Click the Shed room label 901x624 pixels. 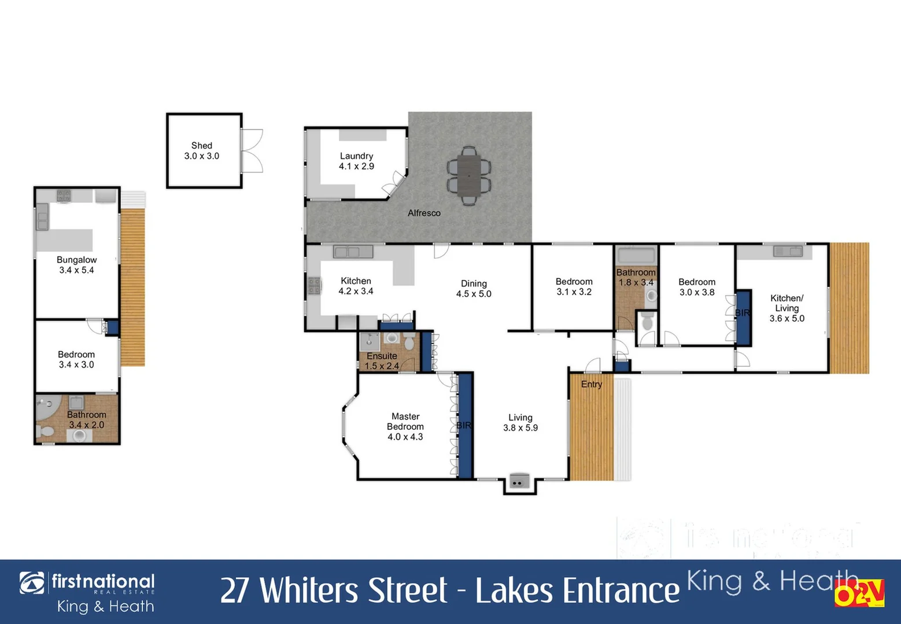(202, 151)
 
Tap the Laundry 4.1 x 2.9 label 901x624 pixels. (356, 161)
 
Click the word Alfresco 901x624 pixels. (424, 213)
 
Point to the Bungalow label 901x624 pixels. (76, 265)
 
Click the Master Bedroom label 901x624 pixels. (405, 426)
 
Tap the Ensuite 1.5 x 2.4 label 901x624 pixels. (382, 361)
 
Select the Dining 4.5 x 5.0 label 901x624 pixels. (474, 289)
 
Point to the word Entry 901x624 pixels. (592, 384)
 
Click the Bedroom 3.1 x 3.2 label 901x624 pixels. (574, 287)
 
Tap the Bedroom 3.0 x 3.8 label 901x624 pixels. (696, 287)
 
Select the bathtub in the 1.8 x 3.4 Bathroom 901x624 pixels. (636, 255)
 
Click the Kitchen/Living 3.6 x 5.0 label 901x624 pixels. (786, 308)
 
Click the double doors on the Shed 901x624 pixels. (252, 151)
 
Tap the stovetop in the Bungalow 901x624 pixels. (64, 195)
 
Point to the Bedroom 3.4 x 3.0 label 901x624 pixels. (76, 359)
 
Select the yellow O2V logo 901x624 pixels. (859, 593)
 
